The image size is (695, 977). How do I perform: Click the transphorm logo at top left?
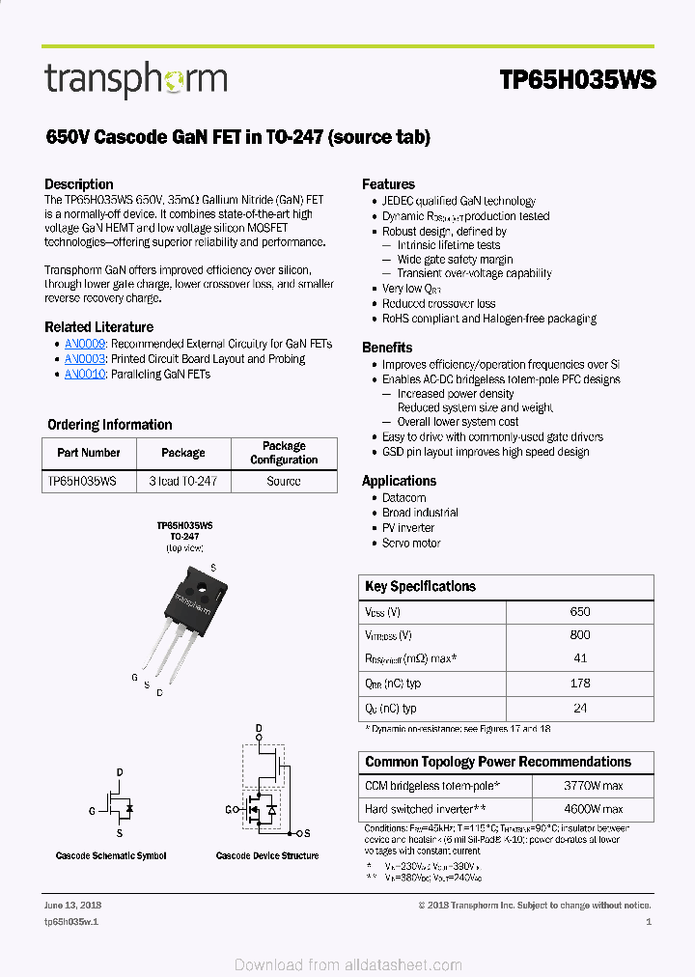[135, 79]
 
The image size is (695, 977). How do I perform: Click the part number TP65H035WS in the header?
[577, 80]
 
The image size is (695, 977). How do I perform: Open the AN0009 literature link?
[85, 344]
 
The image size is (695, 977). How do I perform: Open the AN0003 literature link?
[85, 359]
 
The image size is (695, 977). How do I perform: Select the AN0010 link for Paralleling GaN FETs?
[85, 375]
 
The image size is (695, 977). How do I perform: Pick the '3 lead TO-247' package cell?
[183, 481]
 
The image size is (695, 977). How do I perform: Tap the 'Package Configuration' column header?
[284, 453]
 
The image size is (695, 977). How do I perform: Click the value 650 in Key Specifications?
[580, 612]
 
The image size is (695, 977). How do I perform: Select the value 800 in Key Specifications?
[580, 635]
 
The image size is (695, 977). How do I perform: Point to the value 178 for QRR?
[580, 684]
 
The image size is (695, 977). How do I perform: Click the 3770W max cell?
[593, 786]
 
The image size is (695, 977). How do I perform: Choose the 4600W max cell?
[593, 809]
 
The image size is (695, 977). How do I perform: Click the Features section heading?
[388, 184]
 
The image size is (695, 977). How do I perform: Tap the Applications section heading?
[399, 481]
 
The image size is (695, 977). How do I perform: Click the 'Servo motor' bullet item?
[411, 544]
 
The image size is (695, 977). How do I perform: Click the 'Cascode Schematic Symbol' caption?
[111, 856]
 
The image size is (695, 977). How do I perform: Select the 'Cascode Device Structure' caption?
[267, 856]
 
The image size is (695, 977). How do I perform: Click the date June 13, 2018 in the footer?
[72, 906]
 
